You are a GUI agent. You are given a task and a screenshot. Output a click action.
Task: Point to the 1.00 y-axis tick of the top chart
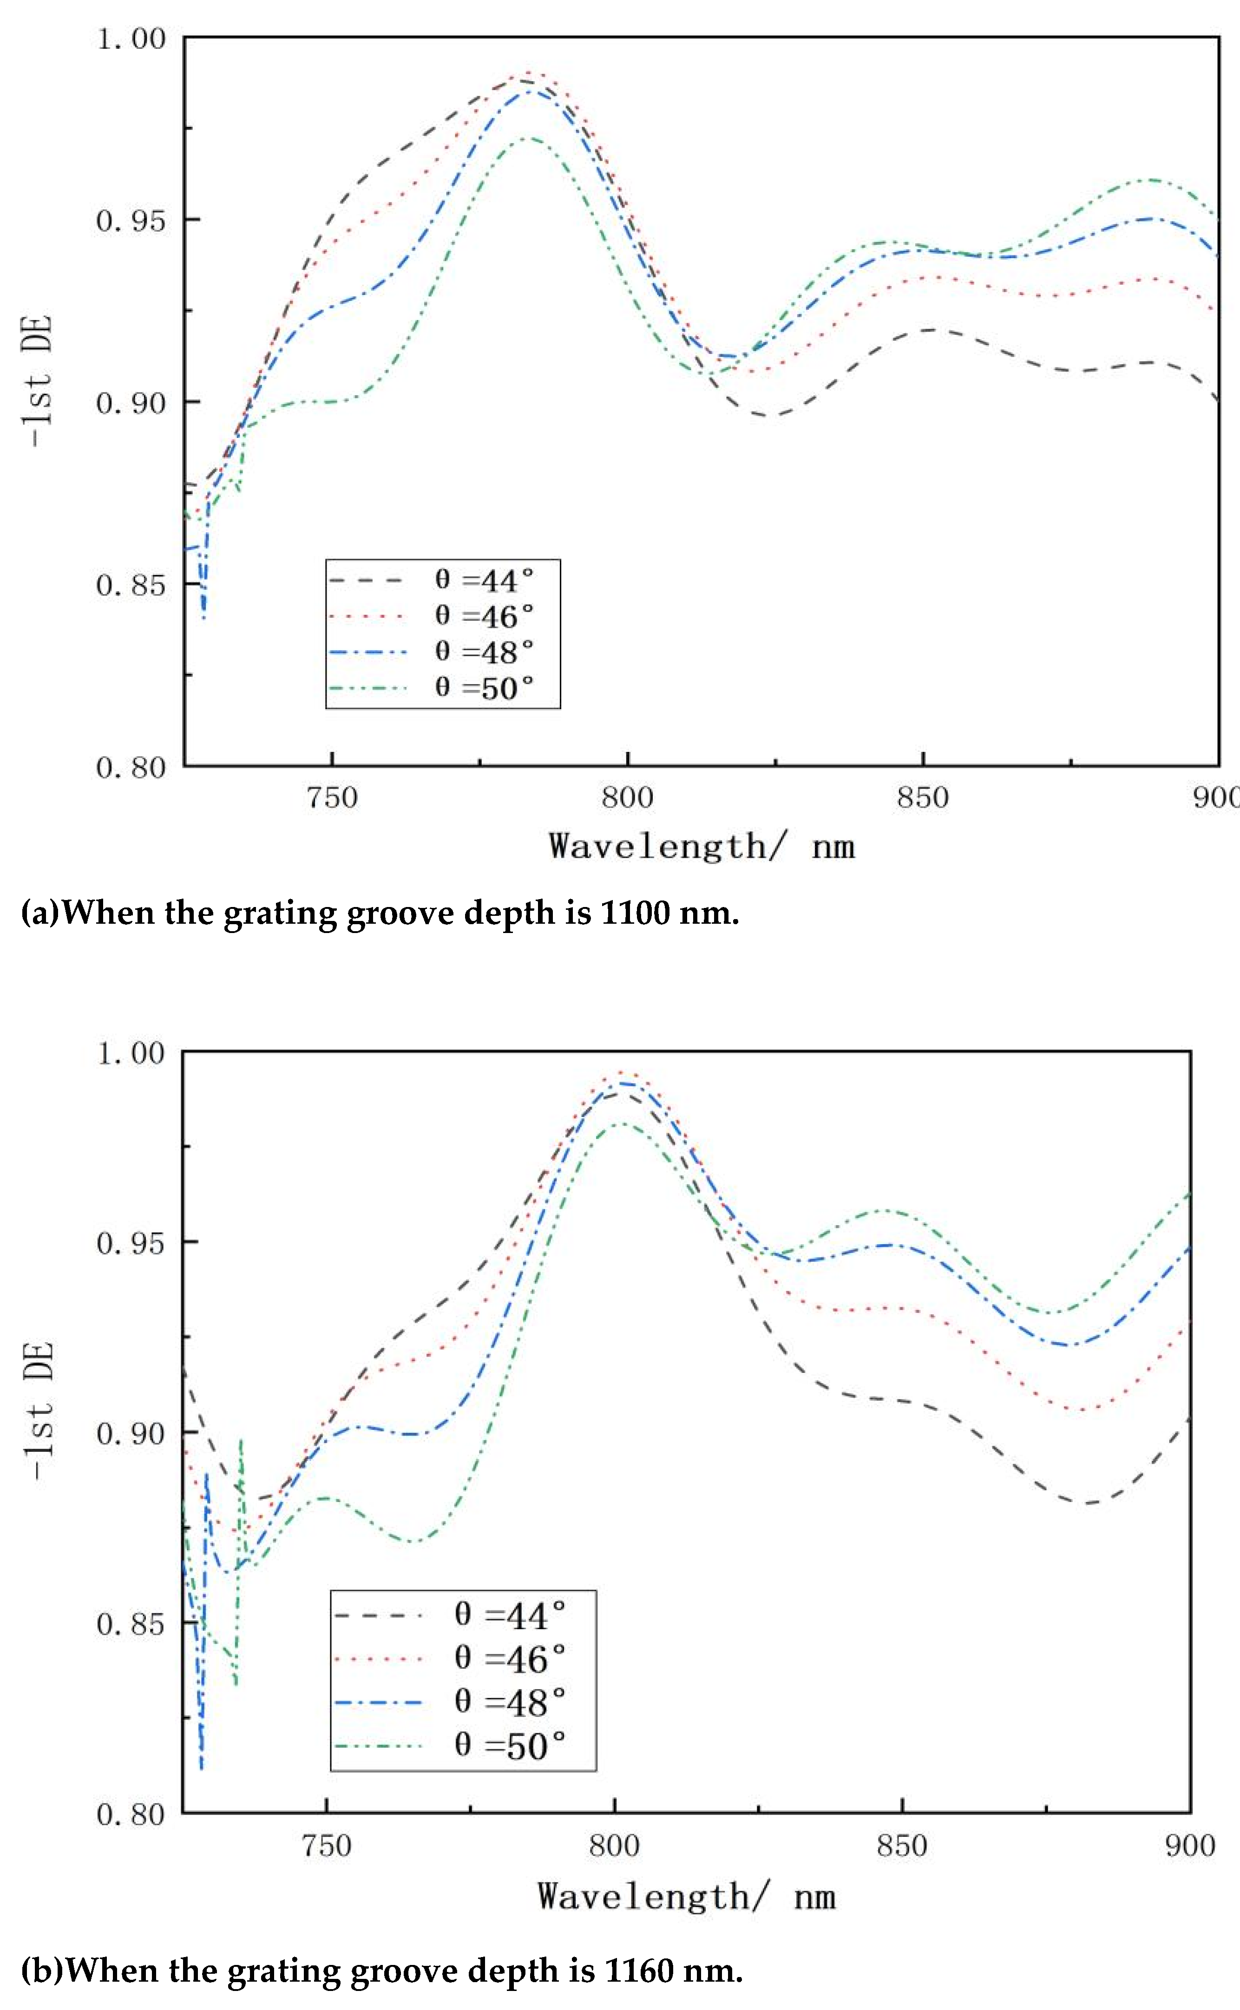[x=131, y=39]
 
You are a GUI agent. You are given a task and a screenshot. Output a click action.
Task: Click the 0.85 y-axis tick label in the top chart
[x=131, y=585]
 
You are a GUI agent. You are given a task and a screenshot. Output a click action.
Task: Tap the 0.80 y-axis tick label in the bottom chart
[x=131, y=1814]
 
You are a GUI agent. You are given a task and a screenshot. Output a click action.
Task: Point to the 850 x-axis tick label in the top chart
[x=923, y=797]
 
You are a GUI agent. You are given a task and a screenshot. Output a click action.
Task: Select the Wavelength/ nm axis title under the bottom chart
[x=686, y=1896]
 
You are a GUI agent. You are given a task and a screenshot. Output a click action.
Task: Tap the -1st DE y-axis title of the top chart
[x=39, y=381]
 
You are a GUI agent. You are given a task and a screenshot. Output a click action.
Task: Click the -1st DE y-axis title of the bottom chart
[x=39, y=1410]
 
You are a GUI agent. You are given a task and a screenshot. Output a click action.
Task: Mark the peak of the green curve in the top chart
[x=529, y=138]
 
